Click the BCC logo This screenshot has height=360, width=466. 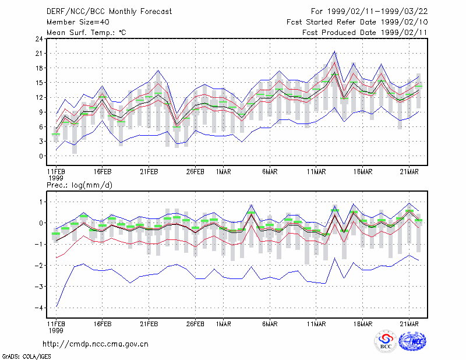pos(386,341)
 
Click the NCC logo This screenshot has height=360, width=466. pos(412,341)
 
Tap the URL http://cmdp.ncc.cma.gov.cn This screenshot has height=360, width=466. pos(96,344)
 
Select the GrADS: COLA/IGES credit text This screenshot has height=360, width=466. pos(27,357)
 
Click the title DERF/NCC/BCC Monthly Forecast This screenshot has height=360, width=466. pos(109,12)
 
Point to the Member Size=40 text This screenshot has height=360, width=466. pos(78,22)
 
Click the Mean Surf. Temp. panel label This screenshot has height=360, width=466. pos(86,33)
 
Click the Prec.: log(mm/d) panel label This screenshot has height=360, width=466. pos(79,185)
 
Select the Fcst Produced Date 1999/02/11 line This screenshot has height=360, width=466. pos(365,33)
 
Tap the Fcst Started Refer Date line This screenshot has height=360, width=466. pos(357,22)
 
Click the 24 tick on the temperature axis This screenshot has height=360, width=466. pos(39,39)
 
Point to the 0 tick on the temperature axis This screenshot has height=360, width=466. pos(41,156)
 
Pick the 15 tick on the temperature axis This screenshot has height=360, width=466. pos(39,83)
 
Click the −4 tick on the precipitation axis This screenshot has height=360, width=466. pos(38,308)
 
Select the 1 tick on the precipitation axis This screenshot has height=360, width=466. pos(41,202)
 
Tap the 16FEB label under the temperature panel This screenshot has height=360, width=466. pos(103,172)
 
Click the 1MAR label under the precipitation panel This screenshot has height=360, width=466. pos(224,324)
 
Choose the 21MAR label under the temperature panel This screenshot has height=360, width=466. pos(409,172)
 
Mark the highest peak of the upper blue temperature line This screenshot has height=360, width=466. pos(334,51)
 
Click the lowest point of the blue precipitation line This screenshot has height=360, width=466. pos(56,307)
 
